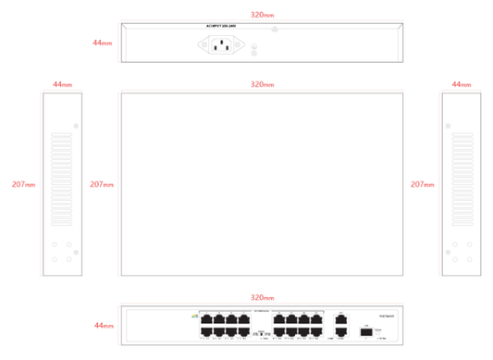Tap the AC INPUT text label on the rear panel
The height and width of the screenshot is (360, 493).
223,28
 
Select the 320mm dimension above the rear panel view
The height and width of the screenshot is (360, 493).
262,16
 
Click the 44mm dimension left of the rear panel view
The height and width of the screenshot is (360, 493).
103,43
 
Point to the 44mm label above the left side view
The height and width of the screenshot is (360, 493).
62,84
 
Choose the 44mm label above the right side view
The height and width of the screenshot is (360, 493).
460,84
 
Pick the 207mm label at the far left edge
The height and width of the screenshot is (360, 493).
22,184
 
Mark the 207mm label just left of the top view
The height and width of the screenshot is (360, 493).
102,184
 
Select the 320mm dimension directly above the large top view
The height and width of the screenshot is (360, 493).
262,84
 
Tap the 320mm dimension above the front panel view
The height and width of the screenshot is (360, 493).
262,298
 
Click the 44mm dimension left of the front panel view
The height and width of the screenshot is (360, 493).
103,326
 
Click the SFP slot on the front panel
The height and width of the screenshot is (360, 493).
365,329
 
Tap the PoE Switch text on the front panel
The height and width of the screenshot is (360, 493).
387,316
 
